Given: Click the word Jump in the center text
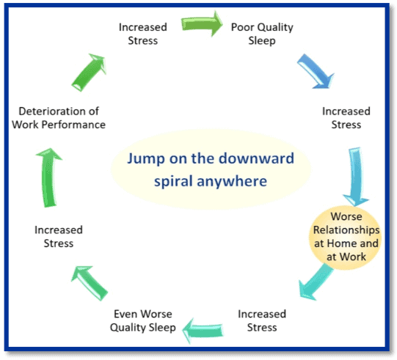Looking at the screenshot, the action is (146, 159).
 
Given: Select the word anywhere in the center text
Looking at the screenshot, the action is (232, 182).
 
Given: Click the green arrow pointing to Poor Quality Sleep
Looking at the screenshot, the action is (202, 23).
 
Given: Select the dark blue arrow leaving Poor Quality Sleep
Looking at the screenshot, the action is (316, 71).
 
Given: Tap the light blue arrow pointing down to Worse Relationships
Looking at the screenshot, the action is (355, 177).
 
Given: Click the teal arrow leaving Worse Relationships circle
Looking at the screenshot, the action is (316, 282).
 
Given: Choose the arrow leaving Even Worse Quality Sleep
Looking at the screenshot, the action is (90, 283).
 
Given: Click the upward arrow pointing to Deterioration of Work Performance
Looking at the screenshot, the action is (49, 177).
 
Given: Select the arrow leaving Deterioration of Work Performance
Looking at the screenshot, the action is (89, 73).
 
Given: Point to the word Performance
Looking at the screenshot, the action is (73, 125).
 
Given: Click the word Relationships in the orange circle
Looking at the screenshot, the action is (346, 230).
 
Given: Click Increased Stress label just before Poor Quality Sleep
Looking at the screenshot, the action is (143, 34).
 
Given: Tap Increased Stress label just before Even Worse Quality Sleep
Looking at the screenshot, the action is (262, 320).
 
